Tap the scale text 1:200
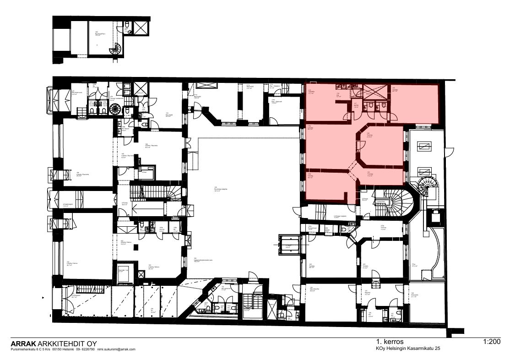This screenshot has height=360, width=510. click(x=491, y=342)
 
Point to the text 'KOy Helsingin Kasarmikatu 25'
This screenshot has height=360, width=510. click(x=408, y=349)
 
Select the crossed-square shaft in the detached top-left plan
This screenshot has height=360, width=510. click(x=140, y=28)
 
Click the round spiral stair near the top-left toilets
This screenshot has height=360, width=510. click(x=115, y=109)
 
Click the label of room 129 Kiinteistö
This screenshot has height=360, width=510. click(x=414, y=295)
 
